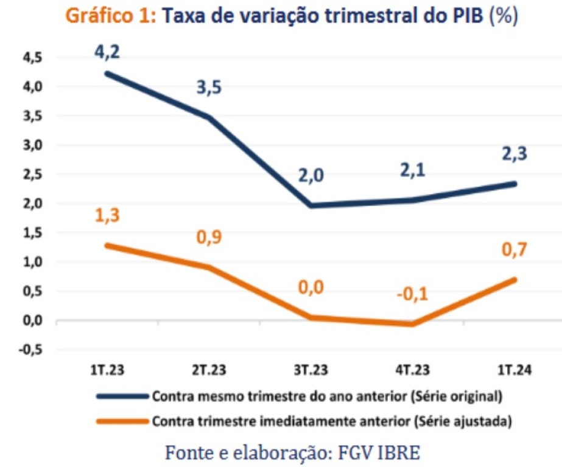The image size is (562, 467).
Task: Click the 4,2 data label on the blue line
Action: click(x=107, y=51)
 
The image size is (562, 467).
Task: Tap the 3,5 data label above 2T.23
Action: click(x=209, y=88)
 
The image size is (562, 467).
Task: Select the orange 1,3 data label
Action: click(x=107, y=215)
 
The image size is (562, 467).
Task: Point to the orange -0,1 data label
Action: click(x=412, y=294)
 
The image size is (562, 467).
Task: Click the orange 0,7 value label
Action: click(x=515, y=250)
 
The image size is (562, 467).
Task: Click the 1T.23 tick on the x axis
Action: click(x=108, y=369)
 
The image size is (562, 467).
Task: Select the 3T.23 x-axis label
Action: click(x=311, y=369)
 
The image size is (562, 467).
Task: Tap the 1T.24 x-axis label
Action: click(x=515, y=369)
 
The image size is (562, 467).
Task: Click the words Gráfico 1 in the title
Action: click(x=111, y=16)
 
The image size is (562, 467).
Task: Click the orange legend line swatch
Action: click(x=122, y=420)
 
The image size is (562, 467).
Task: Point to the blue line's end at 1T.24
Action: click(x=515, y=183)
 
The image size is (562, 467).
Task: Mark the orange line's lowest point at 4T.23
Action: click(x=413, y=324)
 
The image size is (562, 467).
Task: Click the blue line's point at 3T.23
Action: click(x=311, y=206)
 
